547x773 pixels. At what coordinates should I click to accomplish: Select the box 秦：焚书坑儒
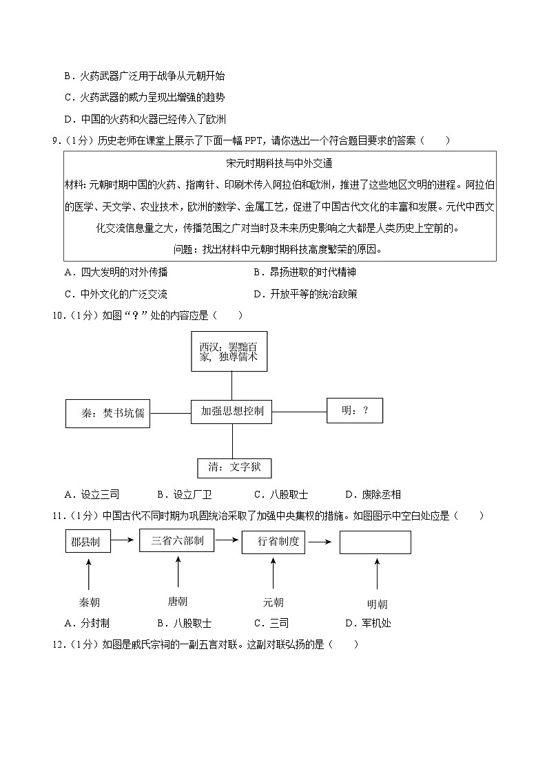[107, 413]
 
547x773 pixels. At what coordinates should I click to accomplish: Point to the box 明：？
[354, 410]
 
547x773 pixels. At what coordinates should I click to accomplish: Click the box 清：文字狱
[234, 467]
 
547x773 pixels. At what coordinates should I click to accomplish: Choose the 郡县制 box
[85, 542]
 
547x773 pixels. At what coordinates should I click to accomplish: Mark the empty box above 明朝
[375, 542]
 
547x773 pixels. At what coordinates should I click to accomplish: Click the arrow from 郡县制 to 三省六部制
[123, 541]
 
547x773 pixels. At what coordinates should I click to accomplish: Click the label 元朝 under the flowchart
[273, 602]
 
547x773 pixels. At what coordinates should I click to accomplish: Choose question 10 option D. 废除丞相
[372, 494]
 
